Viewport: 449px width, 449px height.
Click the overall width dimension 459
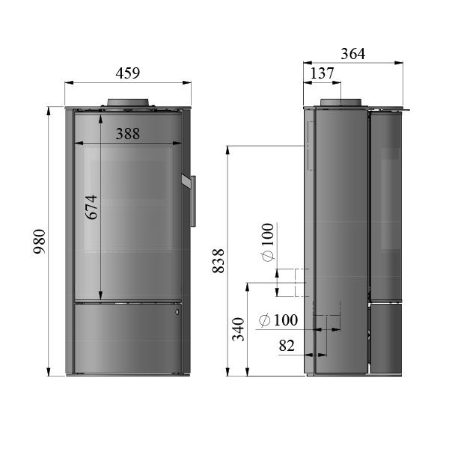(128, 73)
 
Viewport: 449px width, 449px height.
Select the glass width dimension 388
(128, 134)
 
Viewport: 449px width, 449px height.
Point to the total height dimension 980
(40, 240)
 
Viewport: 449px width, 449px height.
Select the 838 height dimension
(219, 259)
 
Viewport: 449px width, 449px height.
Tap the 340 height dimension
(239, 330)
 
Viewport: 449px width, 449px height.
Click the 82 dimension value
(287, 346)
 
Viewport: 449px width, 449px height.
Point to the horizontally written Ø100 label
(278, 320)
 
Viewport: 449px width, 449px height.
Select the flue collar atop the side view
(341, 103)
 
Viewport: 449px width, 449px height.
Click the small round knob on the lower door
(177, 310)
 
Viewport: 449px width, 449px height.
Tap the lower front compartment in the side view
(388, 337)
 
